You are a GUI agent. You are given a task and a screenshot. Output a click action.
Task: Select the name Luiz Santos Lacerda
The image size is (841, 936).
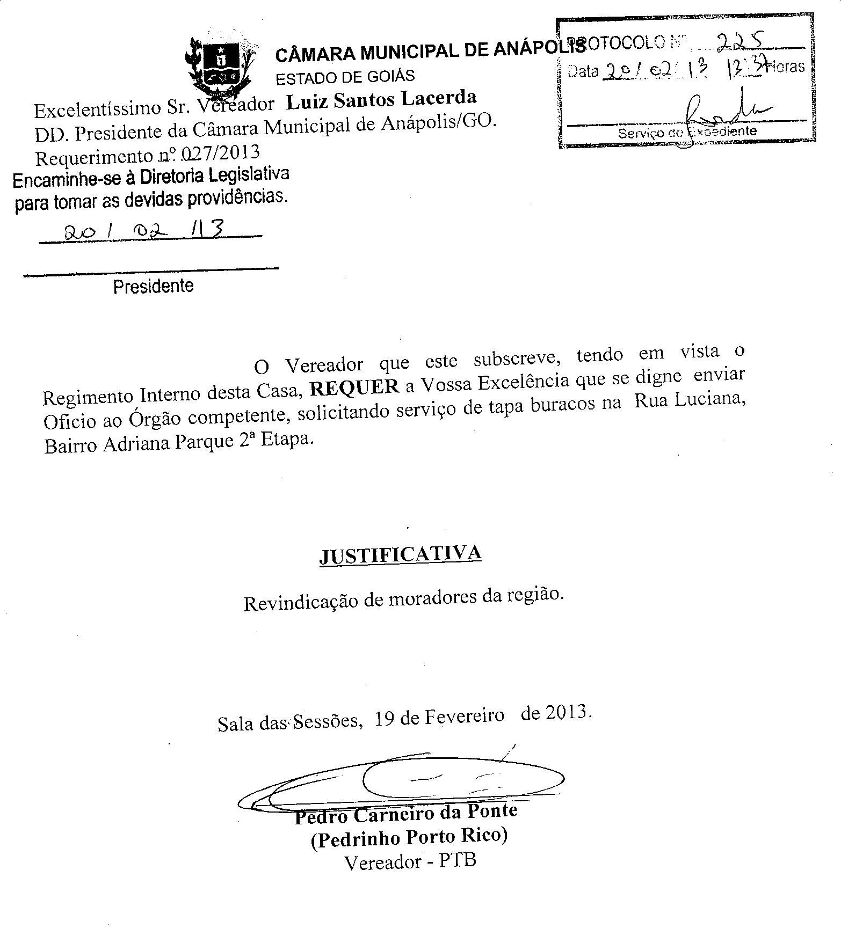(381, 100)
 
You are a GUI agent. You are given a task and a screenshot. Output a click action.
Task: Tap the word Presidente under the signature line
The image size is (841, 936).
(153, 286)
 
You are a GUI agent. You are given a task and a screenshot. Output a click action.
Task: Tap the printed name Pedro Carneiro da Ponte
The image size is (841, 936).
(406, 814)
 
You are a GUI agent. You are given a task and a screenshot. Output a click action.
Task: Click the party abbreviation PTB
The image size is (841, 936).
(458, 861)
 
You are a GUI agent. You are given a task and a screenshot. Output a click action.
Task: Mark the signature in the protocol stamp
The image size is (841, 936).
(720, 110)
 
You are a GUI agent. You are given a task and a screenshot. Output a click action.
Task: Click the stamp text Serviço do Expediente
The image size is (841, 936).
(687, 132)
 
